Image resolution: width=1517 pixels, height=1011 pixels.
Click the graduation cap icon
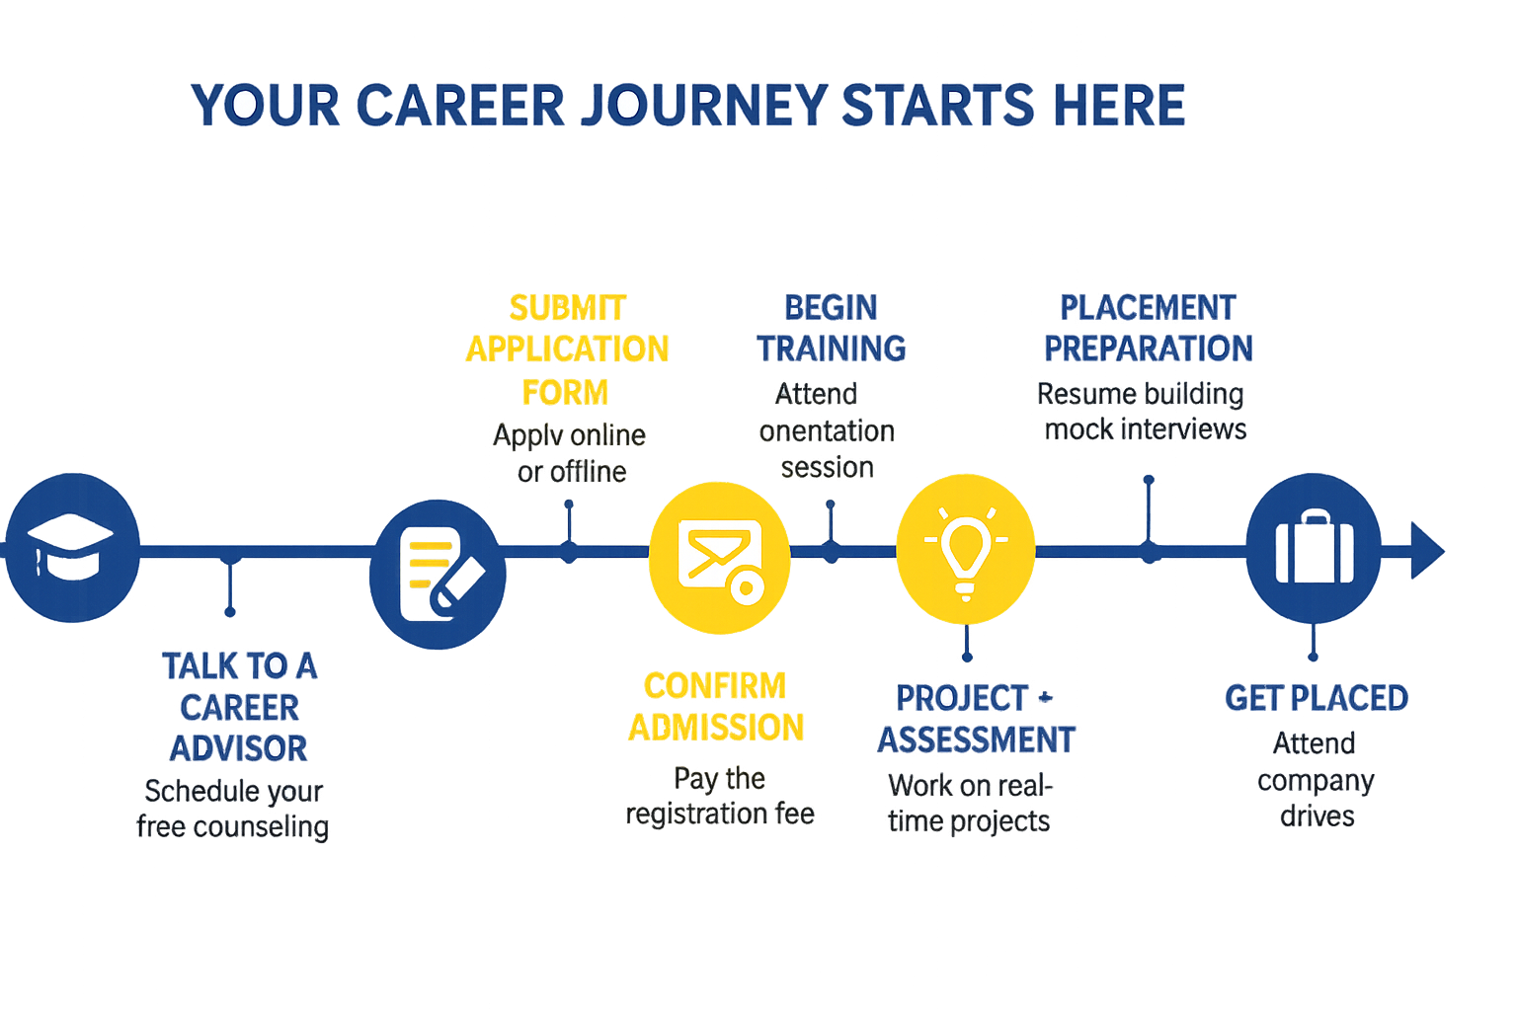(x=71, y=547)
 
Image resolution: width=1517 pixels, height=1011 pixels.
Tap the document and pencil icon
(x=438, y=574)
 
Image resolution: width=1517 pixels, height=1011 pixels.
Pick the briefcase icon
(x=1313, y=548)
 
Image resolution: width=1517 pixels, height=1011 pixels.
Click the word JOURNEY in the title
(x=703, y=106)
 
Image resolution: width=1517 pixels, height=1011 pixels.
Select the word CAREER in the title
(x=460, y=106)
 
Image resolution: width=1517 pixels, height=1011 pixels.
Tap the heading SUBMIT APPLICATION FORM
(x=567, y=349)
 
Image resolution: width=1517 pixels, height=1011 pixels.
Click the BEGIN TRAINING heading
(x=832, y=328)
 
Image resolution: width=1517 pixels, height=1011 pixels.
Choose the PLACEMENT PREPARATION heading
(x=1149, y=328)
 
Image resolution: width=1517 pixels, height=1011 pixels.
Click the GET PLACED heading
(x=1316, y=698)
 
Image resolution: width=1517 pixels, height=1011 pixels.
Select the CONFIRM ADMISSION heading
(x=716, y=707)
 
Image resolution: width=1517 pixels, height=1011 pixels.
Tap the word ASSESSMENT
(x=977, y=739)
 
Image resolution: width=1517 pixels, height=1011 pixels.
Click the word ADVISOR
(x=239, y=748)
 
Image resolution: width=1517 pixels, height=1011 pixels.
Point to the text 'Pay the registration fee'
(x=720, y=796)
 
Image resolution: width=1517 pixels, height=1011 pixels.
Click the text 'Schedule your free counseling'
(x=233, y=809)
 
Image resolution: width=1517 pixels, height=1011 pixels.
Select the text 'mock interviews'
(x=1146, y=429)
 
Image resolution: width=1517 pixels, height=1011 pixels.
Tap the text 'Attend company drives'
(x=1316, y=779)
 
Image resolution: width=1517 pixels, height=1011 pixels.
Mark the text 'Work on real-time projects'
(x=969, y=803)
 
